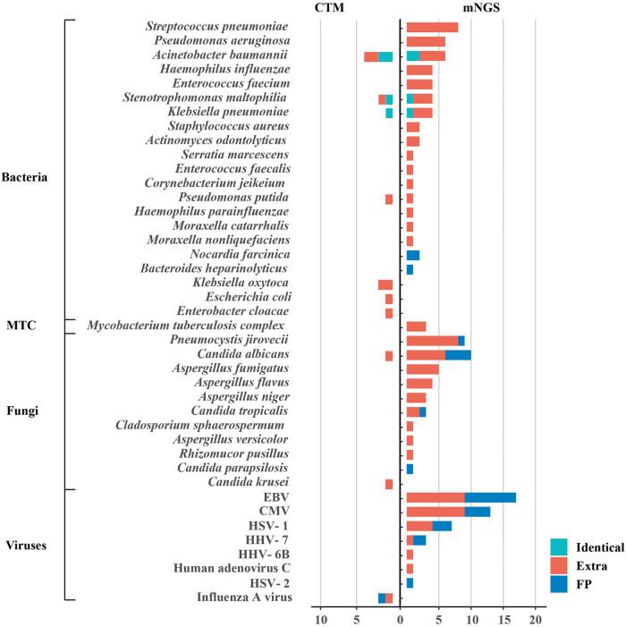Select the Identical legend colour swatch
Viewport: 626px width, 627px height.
[x=560, y=546]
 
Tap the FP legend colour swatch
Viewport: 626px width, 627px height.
[x=560, y=584]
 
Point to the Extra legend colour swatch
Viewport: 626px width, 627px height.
[x=560, y=564]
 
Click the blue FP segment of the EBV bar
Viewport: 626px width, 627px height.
[x=490, y=497]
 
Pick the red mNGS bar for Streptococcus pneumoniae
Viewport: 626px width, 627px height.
[x=432, y=27]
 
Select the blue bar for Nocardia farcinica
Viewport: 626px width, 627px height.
[x=413, y=255]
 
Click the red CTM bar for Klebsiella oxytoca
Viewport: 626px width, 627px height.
[x=385, y=284]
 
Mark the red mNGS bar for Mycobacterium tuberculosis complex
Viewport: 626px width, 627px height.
[x=416, y=326]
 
